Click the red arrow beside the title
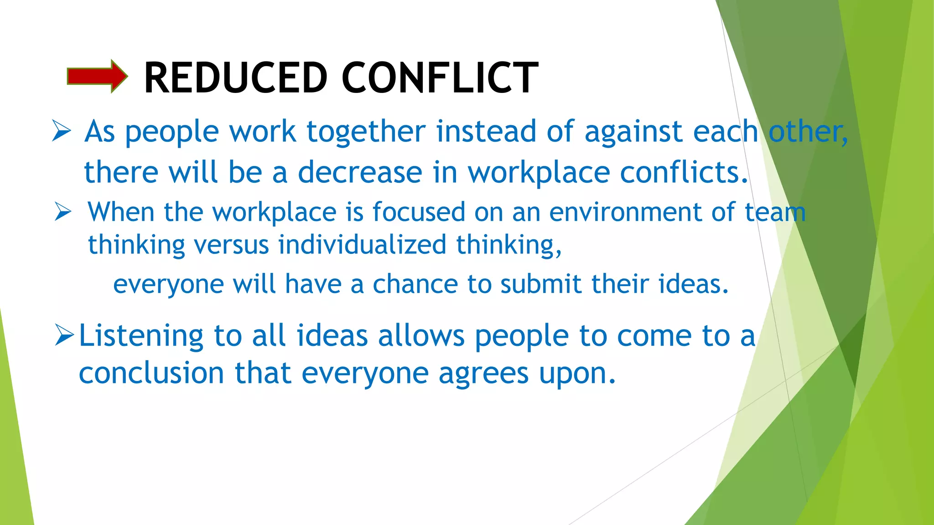[97, 76]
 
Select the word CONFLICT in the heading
[440, 78]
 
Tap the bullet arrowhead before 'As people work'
[62, 131]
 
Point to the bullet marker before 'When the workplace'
[63, 212]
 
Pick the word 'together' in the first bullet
[366, 132]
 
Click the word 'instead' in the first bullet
[486, 132]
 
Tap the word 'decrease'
[360, 173]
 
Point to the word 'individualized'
[362, 245]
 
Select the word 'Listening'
[141, 336]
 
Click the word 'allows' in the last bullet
[421, 336]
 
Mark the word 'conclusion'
[151, 373]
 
